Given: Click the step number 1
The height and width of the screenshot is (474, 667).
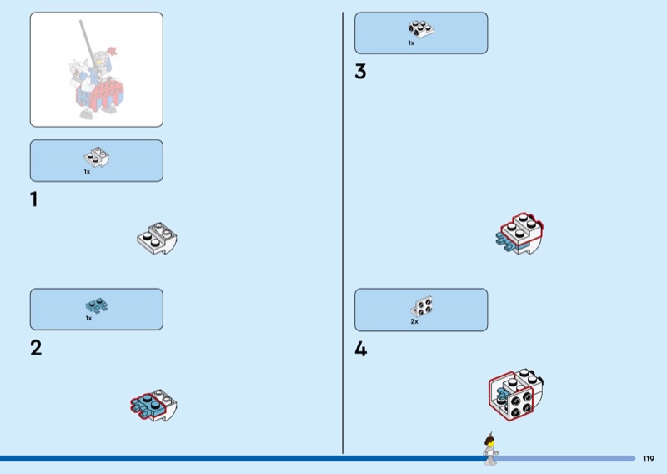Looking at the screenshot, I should pos(34,200).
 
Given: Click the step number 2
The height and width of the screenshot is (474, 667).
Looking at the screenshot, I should pos(36,348).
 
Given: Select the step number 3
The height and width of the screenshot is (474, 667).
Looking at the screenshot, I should pos(360,73).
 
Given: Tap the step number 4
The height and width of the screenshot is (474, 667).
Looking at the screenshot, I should pos(360,350).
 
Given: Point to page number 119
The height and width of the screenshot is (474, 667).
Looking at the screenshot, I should pos(649,458).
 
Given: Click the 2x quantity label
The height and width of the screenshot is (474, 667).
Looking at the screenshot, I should pos(414,321).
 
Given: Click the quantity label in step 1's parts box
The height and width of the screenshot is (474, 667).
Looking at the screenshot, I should pos(87,172).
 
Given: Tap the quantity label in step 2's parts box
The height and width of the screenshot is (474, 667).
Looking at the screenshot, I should pos(88,318).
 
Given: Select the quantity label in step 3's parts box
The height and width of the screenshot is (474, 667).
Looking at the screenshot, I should pos(411,43).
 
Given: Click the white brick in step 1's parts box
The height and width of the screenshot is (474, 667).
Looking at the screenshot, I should pos(97,157).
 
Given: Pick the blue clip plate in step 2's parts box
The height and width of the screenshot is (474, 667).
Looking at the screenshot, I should pos(96,305).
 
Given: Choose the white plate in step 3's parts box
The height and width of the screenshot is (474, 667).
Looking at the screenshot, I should pos(420,30).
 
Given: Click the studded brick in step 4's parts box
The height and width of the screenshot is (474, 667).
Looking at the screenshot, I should pos(422,306).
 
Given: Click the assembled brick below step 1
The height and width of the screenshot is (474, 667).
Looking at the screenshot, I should pos(158,240).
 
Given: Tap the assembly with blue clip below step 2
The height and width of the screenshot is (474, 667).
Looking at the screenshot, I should pos(155,405).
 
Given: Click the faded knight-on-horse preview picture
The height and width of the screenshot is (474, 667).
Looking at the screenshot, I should pos(97,69).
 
